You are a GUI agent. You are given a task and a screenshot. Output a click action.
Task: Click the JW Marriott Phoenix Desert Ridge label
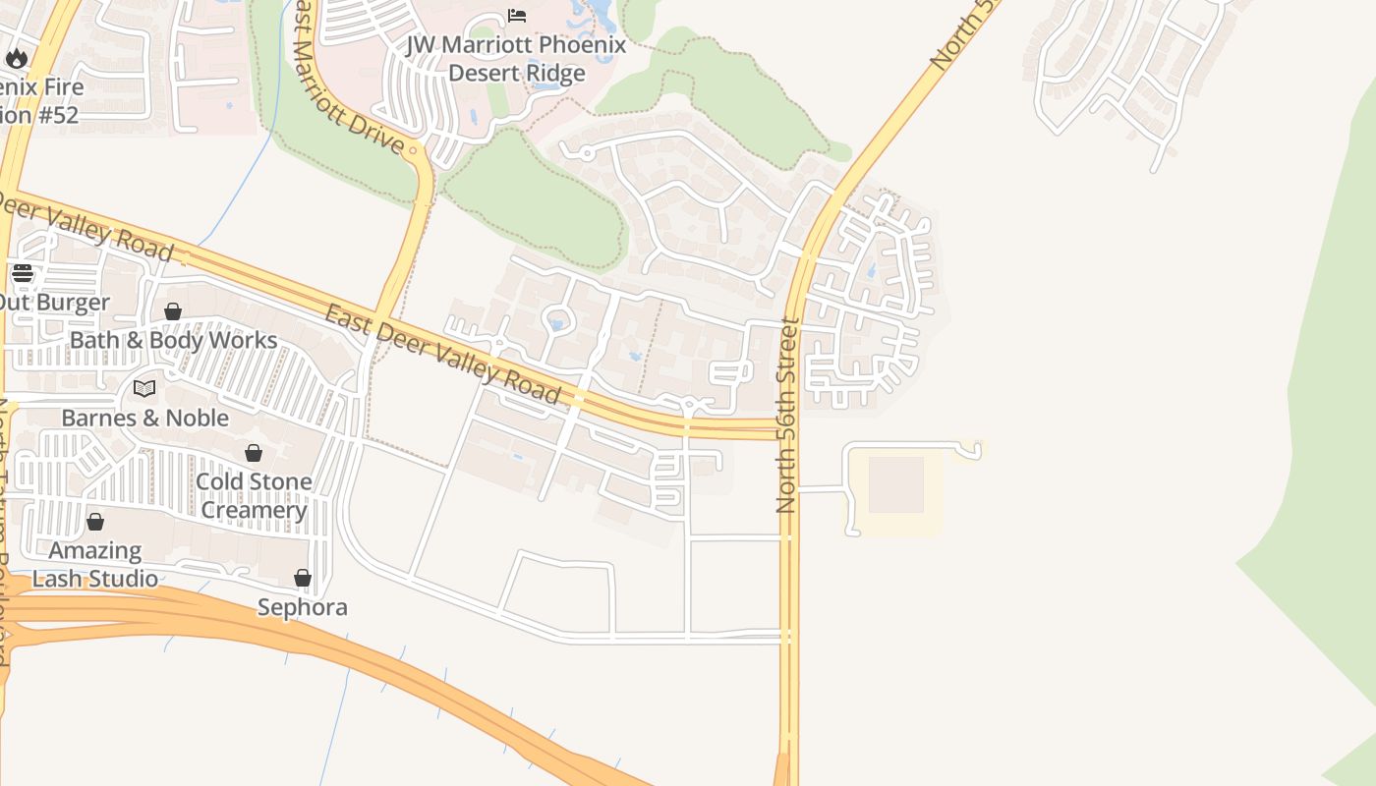pos(517,59)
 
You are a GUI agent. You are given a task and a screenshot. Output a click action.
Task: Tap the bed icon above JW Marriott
pos(517,16)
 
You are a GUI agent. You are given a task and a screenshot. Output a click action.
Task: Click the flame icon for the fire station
pos(17,58)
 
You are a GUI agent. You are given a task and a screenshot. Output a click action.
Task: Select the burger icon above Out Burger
pos(23,273)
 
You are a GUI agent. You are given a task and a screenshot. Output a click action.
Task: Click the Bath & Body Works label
pos(173,340)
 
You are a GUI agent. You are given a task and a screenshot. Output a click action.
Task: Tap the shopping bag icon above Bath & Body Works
pos(173,312)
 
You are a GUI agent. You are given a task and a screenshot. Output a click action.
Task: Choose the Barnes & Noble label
pos(144,418)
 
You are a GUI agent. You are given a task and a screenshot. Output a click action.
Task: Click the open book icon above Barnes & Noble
pos(144,389)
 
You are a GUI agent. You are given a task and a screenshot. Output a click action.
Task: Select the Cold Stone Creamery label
pos(254,495)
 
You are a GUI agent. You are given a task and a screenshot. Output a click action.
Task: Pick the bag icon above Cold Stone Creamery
pos(254,453)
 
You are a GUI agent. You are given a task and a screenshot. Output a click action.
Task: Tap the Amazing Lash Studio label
pos(95,564)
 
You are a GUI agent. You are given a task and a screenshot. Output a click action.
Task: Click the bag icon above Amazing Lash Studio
pos(95,522)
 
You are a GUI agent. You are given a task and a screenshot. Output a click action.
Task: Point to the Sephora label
pos(303,607)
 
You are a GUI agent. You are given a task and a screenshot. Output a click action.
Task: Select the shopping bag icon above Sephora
pos(303,579)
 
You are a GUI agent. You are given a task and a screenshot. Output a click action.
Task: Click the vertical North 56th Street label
pos(785,415)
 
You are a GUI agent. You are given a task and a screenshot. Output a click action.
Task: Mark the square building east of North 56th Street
pos(895,484)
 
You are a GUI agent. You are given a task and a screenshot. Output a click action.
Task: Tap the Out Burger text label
pos(54,302)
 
